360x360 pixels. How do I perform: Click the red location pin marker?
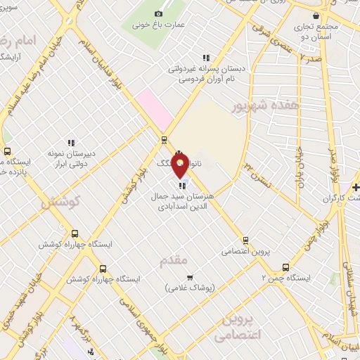point(180,165)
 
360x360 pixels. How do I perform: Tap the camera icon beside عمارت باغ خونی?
point(158,14)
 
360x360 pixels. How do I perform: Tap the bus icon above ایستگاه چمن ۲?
point(285,267)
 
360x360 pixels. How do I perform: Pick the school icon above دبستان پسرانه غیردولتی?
point(205,58)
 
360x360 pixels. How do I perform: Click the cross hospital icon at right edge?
point(356,188)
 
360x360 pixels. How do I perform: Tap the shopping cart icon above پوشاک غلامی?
point(189,277)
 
